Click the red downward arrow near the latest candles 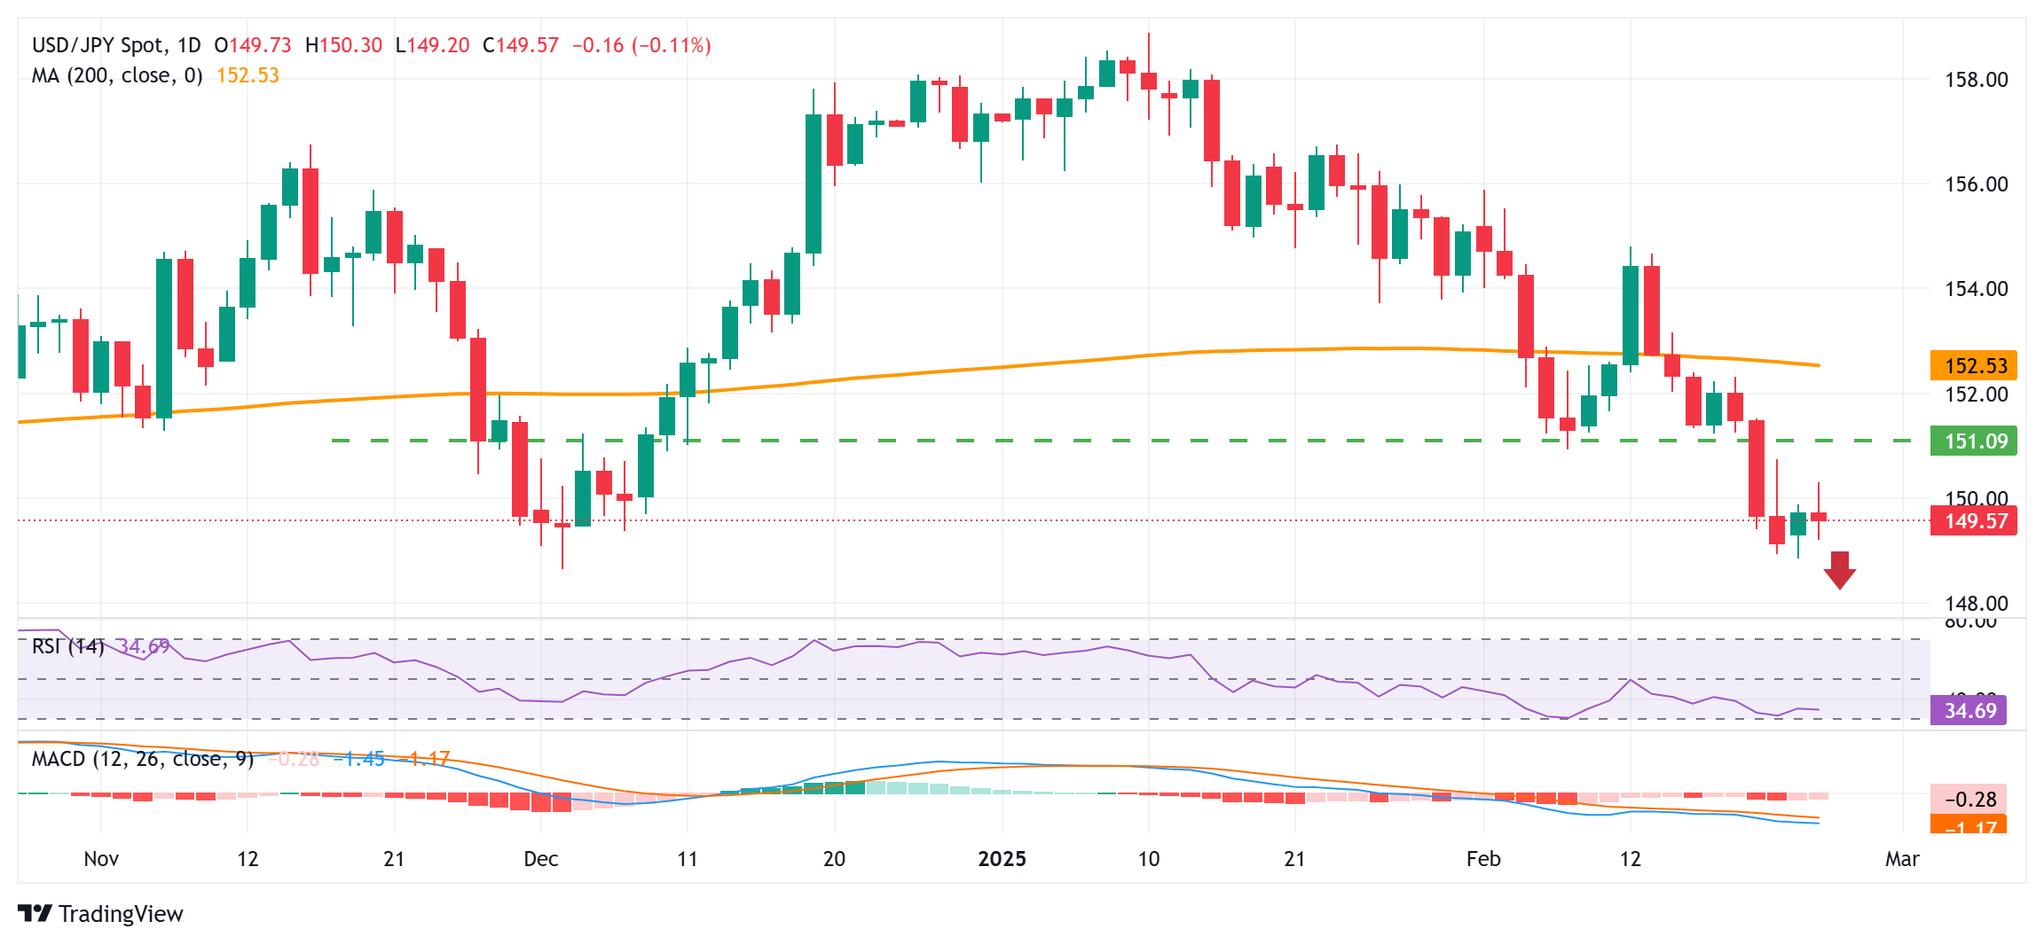coord(1839,570)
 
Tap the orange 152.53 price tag coord(1974,366)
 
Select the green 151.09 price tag coord(1974,441)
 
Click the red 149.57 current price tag coord(1974,521)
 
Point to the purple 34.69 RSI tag coord(1969,711)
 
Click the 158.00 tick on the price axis coord(1976,81)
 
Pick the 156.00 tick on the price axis coord(1976,184)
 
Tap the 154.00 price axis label coord(1976,289)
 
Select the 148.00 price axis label coord(1976,604)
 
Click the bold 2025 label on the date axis coord(1002,859)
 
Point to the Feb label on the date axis coord(1483,859)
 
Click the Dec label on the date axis coord(540,859)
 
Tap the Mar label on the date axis coord(1902,859)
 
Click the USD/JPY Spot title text coord(98,45)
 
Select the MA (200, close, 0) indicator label coord(116,76)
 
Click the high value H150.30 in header coord(343,45)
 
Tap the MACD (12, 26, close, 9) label coord(142,760)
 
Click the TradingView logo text coord(120,914)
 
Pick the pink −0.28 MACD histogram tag coord(1969,800)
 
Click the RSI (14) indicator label coord(67,646)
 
